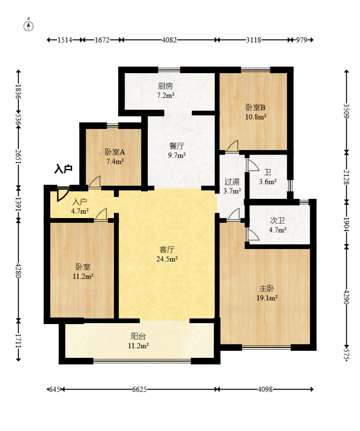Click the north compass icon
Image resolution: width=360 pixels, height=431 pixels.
pos(28,26)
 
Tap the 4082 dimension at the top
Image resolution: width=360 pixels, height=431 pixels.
pos(169,40)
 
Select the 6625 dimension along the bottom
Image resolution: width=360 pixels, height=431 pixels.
pos(139,389)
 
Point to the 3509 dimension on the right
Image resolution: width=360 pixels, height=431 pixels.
pos(346,111)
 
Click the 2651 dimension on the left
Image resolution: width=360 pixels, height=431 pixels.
pos(18,156)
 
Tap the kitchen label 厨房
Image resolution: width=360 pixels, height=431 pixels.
pos(165,86)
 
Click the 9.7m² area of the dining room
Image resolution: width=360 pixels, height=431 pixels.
pos(177,155)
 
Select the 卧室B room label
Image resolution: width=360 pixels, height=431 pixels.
pos(255,107)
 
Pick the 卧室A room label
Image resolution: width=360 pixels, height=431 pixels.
pos(115,152)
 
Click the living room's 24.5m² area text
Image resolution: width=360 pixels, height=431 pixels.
pos(167,259)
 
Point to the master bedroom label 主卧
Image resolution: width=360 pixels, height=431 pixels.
pos(267,288)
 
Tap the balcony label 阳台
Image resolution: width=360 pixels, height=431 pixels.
pos(138,336)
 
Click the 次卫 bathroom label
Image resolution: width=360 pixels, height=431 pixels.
pos(277,220)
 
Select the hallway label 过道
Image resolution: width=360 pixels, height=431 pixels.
pos(232,181)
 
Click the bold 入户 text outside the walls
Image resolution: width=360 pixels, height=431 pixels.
pos(63,168)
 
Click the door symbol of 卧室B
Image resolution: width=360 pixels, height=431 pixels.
pos(233,146)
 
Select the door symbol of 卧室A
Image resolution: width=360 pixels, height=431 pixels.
pos(95,182)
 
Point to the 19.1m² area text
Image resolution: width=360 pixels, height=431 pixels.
pos(267,298)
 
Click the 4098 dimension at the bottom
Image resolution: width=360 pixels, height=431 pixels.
pos(265,389)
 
